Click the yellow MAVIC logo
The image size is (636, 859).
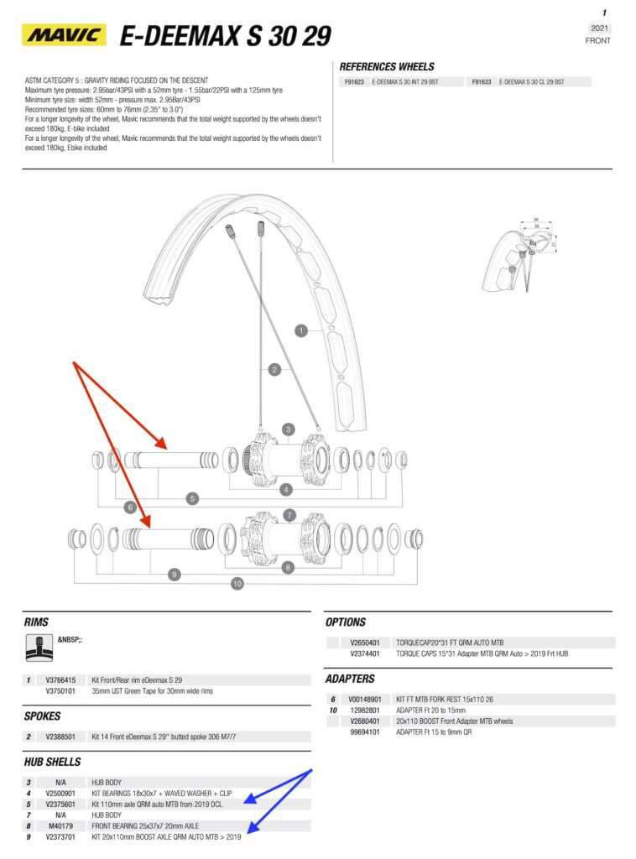[64, 35]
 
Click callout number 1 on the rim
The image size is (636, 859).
[301, 331]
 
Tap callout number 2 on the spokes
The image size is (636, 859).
[274, 369]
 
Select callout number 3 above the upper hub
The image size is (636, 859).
[288, 429]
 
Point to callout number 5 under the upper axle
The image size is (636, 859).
[192, 498]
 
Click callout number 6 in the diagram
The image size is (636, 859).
[130, 507]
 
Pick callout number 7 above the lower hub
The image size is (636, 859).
[289, 514]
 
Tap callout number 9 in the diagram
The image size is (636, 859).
[175, 575]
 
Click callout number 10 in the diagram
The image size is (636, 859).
[237, 583]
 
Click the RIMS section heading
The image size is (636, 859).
[37, 622]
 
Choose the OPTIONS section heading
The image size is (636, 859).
[345, 622]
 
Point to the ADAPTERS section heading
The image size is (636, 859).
[350, 679]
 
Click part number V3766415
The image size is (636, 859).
[60, 680]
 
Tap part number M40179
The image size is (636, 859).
[60, 825]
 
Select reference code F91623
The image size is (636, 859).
[352, 82]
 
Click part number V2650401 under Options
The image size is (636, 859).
[365, 643]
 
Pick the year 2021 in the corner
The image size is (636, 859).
[599, 29]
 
